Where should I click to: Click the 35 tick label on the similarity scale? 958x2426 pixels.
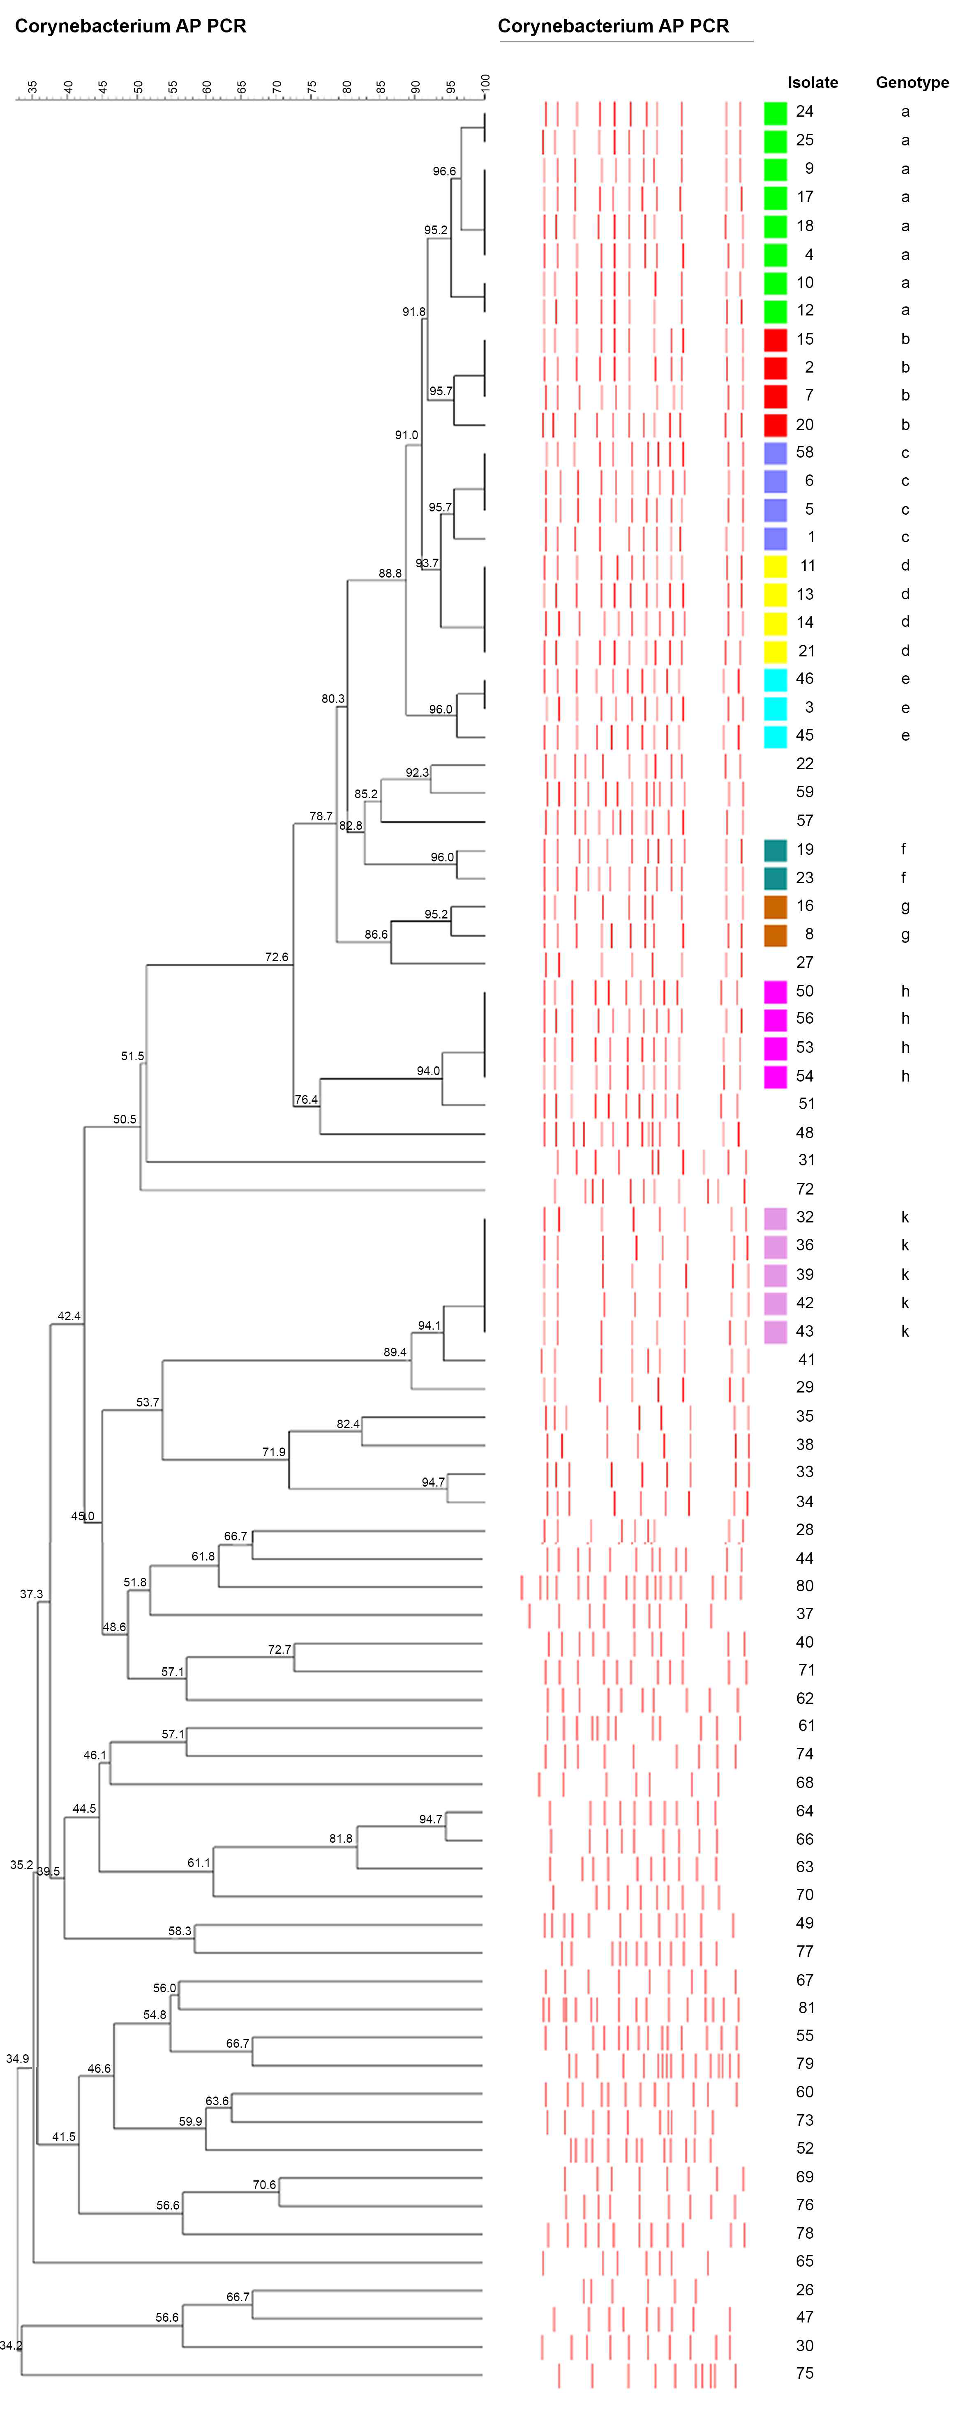[x=33, y=87]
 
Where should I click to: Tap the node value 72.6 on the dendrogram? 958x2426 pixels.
[x=276, y=957]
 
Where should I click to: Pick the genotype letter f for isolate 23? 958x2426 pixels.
[x=903, y=878]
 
